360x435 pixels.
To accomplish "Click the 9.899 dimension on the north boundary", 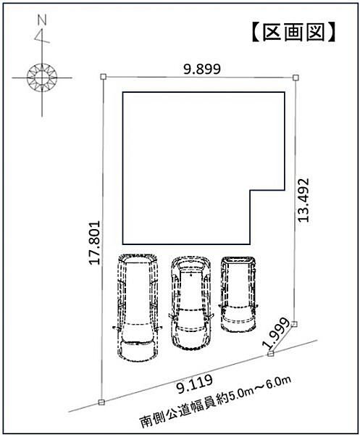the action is click(202, 70).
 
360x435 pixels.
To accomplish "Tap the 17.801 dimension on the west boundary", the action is click(94, 243).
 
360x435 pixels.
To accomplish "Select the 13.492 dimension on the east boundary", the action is click(303, 200).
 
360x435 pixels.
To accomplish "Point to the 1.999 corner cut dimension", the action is click(277, 333).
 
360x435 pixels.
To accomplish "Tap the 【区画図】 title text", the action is click(294, 33).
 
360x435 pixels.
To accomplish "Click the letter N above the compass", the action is click(42, 20).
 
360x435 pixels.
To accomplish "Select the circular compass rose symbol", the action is click(42, 78).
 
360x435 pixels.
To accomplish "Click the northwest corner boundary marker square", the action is click(103, 77).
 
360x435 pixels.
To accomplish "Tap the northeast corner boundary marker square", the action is click(296, 78).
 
